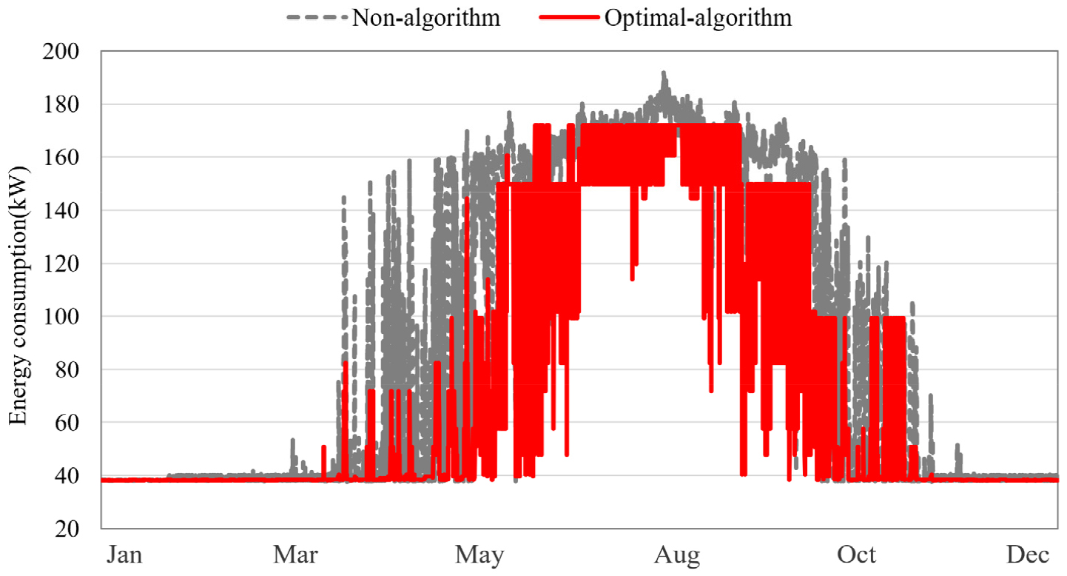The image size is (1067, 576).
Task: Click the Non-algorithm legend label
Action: [x=425, y=18]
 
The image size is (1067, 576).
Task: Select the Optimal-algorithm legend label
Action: [x=698, y=18]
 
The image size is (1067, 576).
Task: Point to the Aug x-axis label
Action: [x=678, y=555]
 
